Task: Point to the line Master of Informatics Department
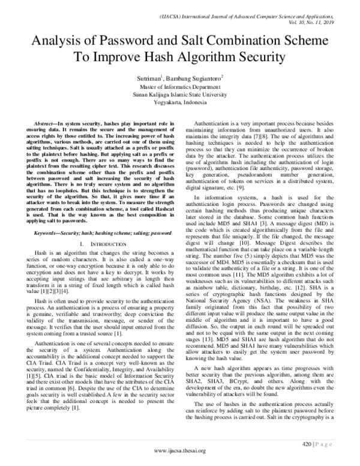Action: click(180, 86)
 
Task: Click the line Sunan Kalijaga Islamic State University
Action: click(180, 94)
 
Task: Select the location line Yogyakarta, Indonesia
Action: click(180, 102)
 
